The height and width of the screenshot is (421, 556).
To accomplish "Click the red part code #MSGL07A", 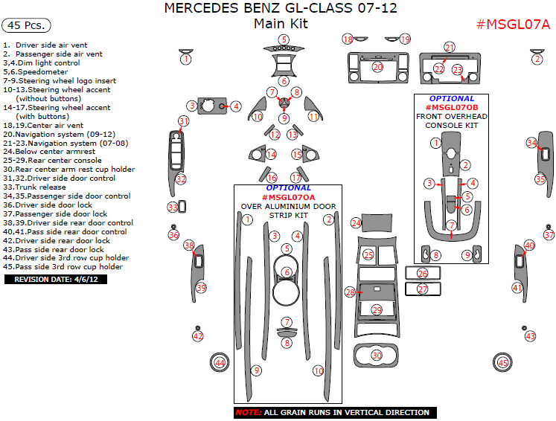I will coord(513,24).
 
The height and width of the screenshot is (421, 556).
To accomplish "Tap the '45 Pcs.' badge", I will coord(27,25).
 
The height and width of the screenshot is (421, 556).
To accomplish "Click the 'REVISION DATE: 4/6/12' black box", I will coord(56,280).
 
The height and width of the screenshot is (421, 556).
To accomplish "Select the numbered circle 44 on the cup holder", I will coord(220,362).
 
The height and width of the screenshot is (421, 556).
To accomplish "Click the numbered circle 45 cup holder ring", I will coord(504,362).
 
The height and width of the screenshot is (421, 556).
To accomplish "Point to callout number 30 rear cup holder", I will coord(377,356).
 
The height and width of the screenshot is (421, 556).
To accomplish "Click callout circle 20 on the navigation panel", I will coord(377,67).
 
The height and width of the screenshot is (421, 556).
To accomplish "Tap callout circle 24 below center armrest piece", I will coord(357,222).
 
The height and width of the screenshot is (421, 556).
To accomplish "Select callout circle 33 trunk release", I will coord(173,207).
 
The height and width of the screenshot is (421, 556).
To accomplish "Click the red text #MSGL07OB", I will coord(452,107).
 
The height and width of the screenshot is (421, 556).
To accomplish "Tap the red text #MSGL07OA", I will coord(287,196).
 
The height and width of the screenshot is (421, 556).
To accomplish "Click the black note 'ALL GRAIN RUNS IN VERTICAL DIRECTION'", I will coord(331,412).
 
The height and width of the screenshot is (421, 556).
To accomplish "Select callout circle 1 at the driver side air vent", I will coord(186,58).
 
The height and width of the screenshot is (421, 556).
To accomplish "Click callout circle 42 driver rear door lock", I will coord(197,336).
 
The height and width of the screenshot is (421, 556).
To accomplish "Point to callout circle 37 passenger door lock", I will coord(549,235).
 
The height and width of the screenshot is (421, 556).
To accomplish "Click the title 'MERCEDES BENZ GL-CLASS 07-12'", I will coord(280,9).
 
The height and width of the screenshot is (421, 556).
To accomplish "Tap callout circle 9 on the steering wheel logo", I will coord(284,118).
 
